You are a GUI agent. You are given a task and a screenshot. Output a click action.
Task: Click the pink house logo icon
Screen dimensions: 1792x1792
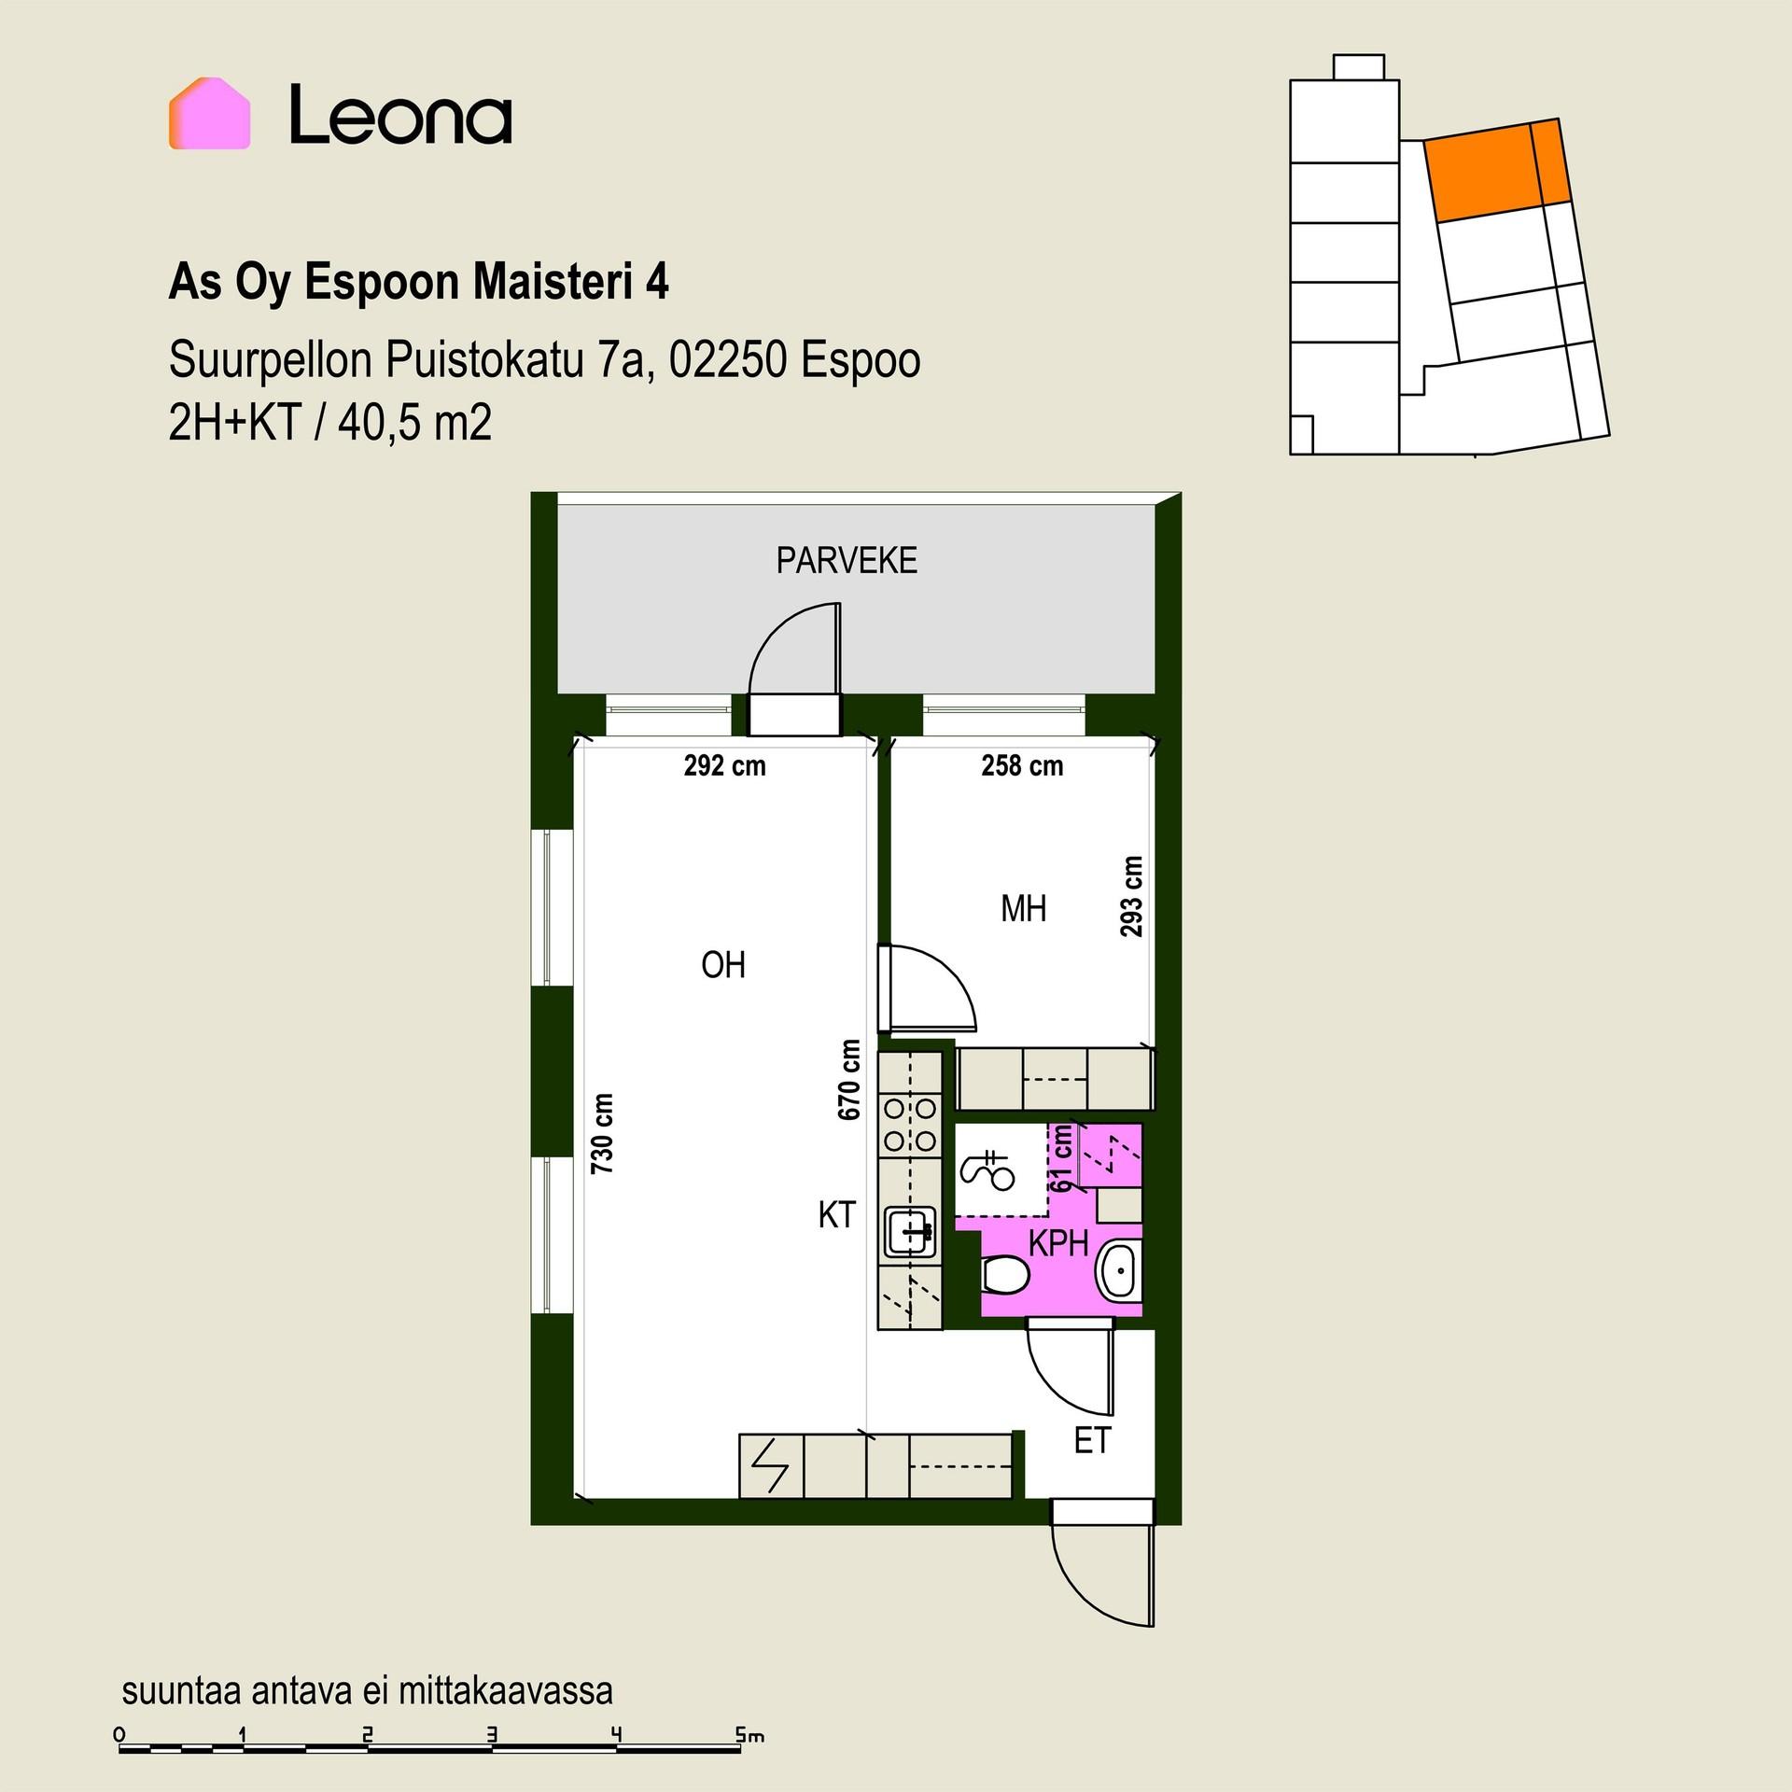coord(209,113)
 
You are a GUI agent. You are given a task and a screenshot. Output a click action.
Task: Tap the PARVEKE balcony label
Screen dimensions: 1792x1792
coord(847,561)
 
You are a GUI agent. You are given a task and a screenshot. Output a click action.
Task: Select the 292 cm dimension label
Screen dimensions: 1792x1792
coord(724,766)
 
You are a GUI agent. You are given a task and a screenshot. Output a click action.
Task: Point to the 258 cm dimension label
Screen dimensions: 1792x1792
coord(1022,766)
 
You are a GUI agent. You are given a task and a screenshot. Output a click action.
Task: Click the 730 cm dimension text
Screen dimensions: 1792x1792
coord(603,1133)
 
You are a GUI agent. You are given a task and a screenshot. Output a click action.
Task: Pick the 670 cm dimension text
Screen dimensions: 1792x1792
coord(849,1080)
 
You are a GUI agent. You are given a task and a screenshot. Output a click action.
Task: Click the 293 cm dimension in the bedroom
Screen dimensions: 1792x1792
coord(1131,896)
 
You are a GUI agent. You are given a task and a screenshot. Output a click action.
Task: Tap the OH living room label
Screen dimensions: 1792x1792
coord(723,965)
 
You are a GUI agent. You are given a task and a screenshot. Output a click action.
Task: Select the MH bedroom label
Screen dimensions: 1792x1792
coord(1023,908)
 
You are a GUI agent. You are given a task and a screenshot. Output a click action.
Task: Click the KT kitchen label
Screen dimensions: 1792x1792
coord(836,1214)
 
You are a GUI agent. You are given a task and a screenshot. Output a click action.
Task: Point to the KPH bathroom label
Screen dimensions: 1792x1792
coord(1058,1243)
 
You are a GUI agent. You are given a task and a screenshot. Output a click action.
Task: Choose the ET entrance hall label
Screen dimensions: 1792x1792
coord(1092,1441)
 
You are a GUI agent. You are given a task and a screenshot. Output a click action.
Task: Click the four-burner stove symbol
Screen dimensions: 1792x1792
coord(910,1125)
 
